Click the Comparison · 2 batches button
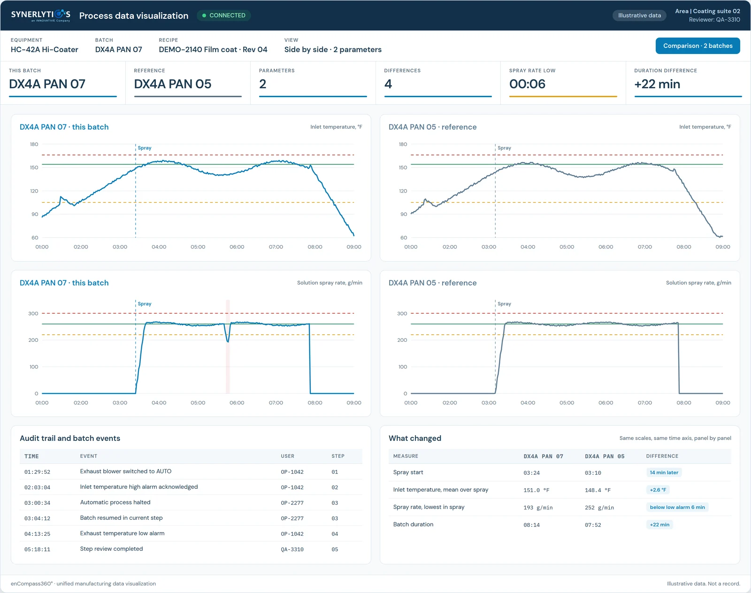[697, 46]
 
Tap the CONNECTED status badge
[224, 15]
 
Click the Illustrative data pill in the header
[639, 15]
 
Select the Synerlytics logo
[40, 15]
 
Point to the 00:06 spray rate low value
[527, 84]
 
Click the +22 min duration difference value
[657, 84]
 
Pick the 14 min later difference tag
[664, 473]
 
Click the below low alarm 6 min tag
[677, 507]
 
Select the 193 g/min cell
[538, 508]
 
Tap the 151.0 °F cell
[536, 490]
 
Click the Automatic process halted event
[115, 502]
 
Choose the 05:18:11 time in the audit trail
[37, 549]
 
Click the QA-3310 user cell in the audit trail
[292, 549]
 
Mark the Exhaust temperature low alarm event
[122, 533]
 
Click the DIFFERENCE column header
[662, 456]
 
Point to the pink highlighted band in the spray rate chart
[228, 347]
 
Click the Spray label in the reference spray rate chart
[504, 304]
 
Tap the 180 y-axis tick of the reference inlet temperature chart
[403, 144]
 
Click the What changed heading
[414, 439]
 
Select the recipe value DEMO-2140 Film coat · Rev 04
[213, 50]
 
